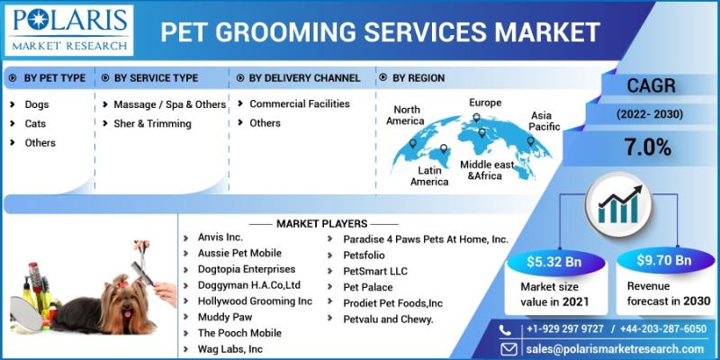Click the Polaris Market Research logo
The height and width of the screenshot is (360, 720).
(x=69, y=30)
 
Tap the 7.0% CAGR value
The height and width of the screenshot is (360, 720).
(x=647, y=148)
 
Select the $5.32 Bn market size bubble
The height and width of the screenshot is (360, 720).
(x=553, y=263)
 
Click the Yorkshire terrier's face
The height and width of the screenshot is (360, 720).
(x=123, y=303)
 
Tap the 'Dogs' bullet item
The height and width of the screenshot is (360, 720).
(x=37, y=104)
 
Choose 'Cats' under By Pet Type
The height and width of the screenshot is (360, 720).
(x=35, y=124)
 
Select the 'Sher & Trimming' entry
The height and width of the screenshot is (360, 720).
(x=152, y=124)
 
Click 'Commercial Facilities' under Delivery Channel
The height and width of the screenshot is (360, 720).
(x=300, y=104)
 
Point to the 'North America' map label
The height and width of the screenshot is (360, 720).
(x=405, y=115)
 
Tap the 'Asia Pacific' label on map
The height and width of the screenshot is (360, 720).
(x=544, y=121)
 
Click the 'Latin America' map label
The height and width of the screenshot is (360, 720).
(x=429, y=176)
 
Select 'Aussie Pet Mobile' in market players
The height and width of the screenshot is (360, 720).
(x=239, y=253)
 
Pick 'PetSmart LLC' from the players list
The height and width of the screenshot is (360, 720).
(x=375, y=272)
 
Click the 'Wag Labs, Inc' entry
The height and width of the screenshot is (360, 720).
(x=230, y=349)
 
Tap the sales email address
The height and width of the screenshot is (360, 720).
(x=615, y=349)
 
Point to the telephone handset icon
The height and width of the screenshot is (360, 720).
(x=505, y=329)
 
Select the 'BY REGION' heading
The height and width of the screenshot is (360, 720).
(x=418, y=78)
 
